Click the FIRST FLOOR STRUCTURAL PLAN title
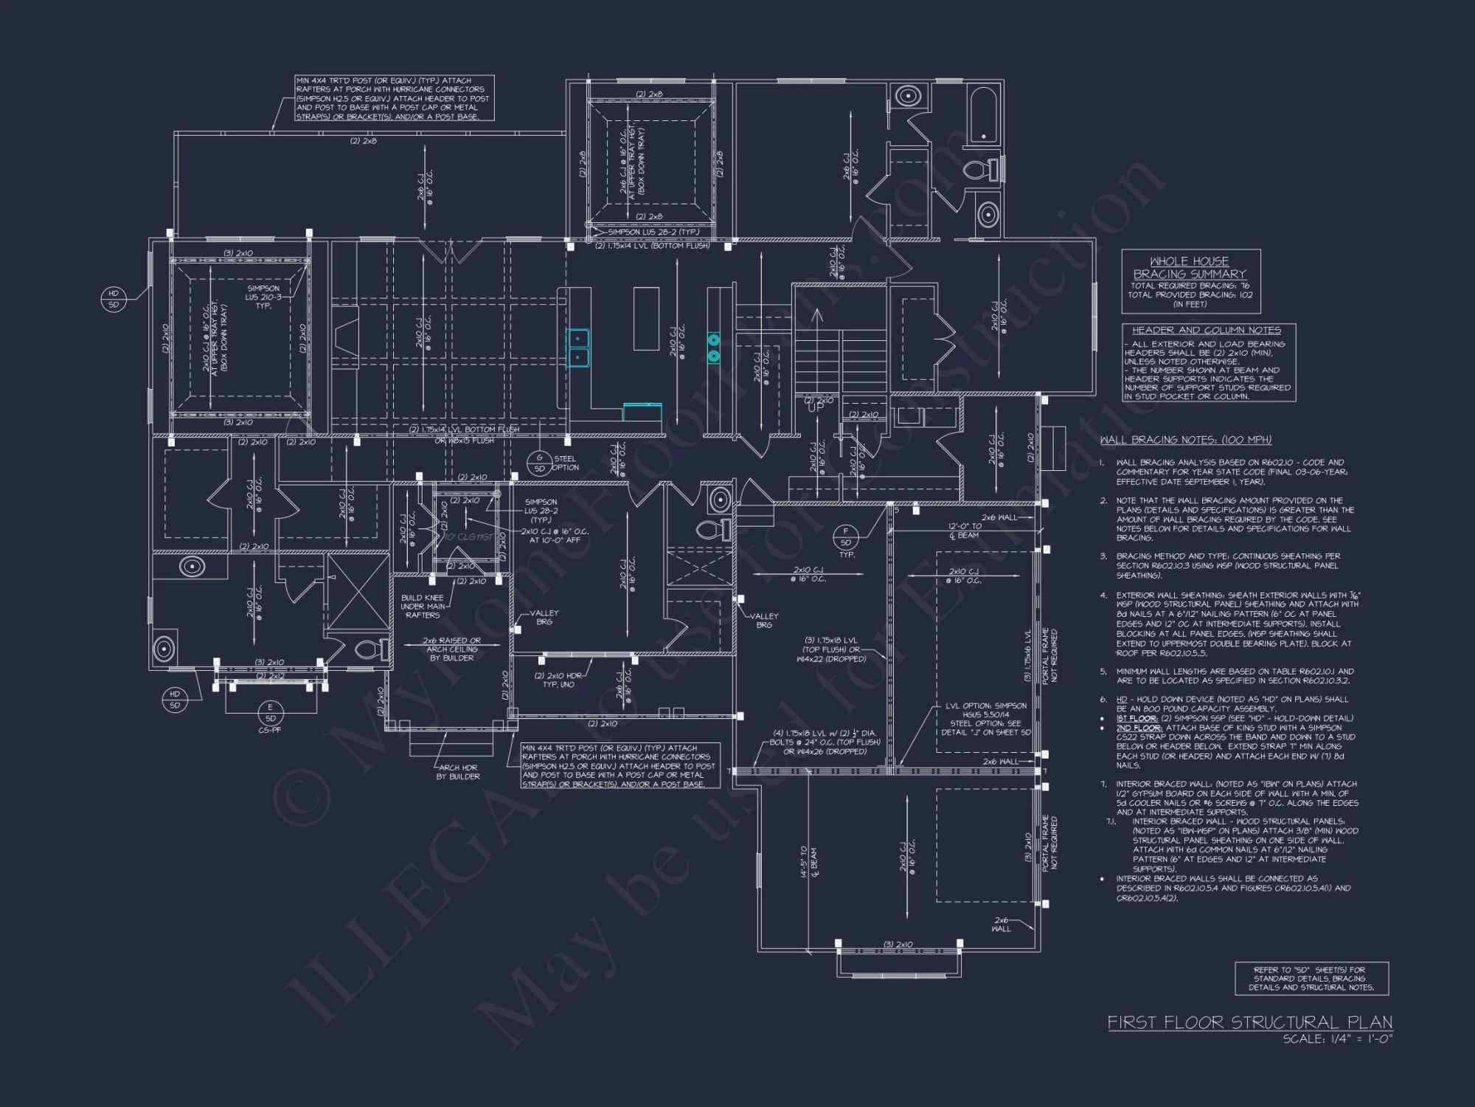point(1249,1022)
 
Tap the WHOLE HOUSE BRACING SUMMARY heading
point(1190,267)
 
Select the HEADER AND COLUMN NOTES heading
point(1207,330)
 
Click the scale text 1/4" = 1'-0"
point(1336,1039)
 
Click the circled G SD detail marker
point(539,463)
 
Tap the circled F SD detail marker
point(846,537)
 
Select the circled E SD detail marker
point(270,713)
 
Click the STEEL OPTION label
point(566,463)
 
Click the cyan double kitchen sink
point(578,348)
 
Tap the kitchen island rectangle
point(646,319)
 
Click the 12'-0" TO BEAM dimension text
point(965,531)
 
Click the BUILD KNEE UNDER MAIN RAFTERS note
point(423,606)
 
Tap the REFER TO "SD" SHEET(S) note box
point(1311,979)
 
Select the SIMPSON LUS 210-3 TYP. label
point(263,297)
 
